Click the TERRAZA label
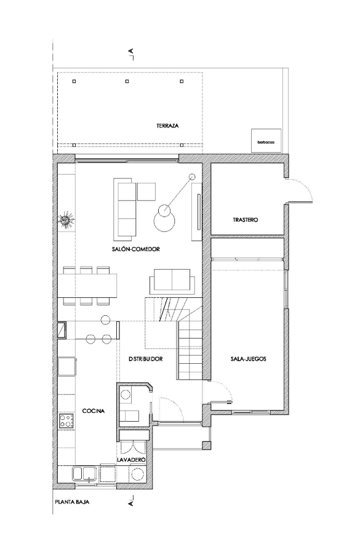[167, 126]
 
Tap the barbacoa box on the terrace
[266, 140]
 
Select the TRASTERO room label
[245, 220]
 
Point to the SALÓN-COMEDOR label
[135, 249]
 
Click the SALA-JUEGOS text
[249, 359]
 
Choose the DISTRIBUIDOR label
[146, 359]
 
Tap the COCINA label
[94, 411]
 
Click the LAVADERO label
[132, 460]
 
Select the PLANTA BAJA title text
[72, 502]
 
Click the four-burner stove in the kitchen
[66, 420]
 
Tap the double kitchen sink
[84, 474]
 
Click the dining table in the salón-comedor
[90, 286]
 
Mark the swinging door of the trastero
[300, 190]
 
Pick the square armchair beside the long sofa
[146, 191]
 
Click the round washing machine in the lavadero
[137, 473]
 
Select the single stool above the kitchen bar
[105, 319]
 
